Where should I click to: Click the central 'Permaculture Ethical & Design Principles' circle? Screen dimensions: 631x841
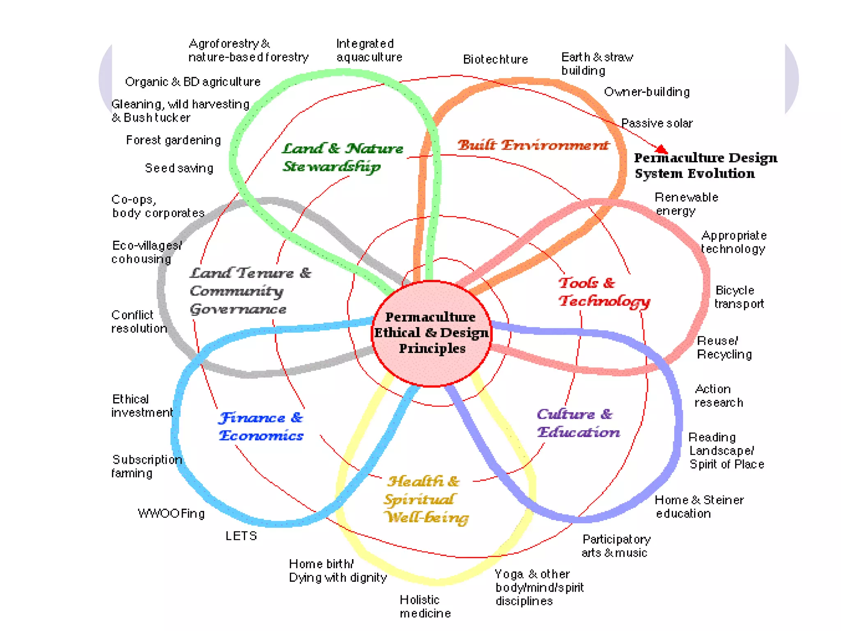(x=431, y=333)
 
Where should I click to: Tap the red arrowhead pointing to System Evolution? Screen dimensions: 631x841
(x=662, y=149)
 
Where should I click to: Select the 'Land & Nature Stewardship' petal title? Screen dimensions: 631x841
(x=342, y=157)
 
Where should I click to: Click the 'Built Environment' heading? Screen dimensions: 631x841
(x=533, y=145)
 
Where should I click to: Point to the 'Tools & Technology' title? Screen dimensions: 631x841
(x=604, y=292)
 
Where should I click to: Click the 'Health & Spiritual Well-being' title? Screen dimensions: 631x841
(x=425, y=499)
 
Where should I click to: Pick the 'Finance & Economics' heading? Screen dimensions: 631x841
(x=261, y=426)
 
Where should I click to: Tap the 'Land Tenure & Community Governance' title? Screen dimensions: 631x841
(x=250, y=291)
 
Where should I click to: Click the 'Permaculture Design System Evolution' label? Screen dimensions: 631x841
(x=705, y=166)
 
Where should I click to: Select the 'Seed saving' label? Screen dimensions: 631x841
(x=179, y=168)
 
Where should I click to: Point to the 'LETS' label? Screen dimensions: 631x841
(x=241, y=536)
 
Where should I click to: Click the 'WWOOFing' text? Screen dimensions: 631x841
(x=171, y=514)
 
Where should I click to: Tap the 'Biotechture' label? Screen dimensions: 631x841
(x=495, y=60)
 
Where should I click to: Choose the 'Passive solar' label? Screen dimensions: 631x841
(x=656, y=123)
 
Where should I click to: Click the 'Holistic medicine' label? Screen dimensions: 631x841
(x=425, y=606)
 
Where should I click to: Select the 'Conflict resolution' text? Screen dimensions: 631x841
(x=139, y=322)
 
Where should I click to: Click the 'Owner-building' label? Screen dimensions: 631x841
(x=646, y=92)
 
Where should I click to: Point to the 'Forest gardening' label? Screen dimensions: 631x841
(x=173, y=140)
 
